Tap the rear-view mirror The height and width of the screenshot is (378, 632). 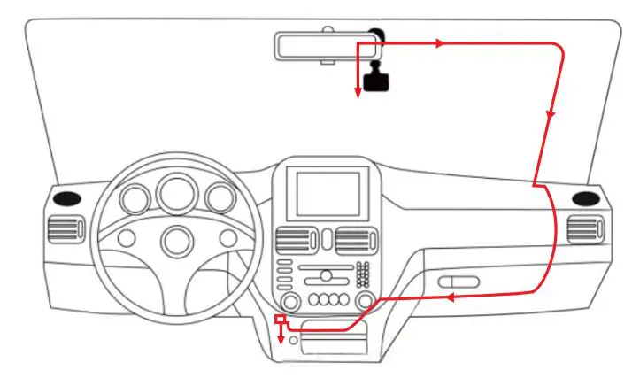(324, 46)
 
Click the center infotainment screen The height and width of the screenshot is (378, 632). (328, 194)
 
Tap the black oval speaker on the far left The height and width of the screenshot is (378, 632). (66, 198)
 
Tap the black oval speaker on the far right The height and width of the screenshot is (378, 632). (584, 198)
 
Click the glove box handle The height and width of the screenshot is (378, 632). (458, 282)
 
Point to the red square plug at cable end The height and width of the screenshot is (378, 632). (281, 319)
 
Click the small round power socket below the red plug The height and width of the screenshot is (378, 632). (293, 339)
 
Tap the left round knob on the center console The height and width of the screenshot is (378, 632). (290, 301)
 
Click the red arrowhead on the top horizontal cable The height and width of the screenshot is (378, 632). (438, 42)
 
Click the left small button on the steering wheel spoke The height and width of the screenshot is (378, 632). (127, 237)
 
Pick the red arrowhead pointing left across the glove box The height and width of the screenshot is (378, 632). (449, 297)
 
